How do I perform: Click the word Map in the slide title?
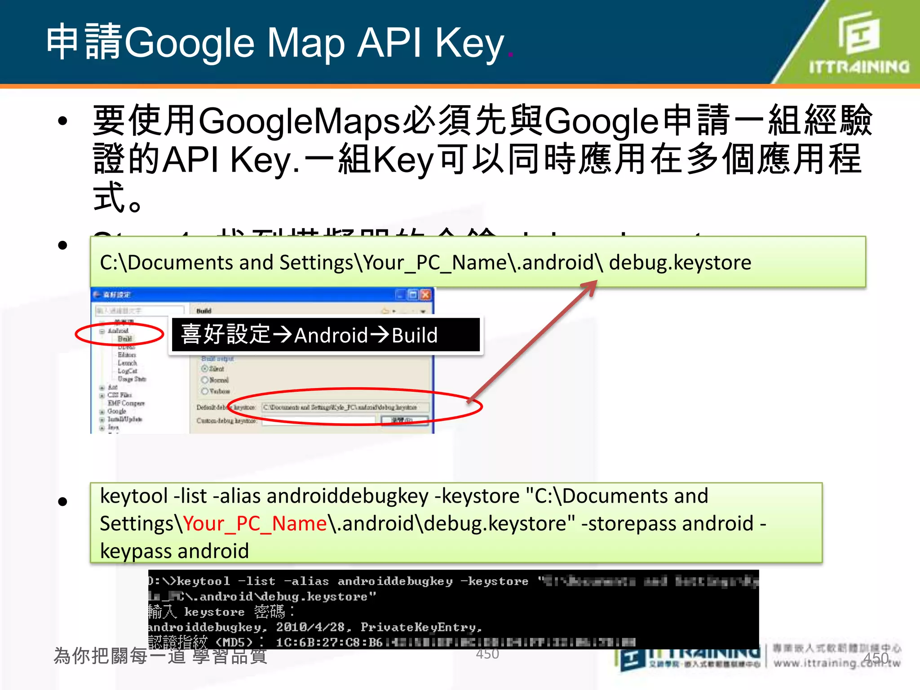[306, 43]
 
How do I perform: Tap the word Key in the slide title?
[469, 43]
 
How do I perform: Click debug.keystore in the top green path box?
[680, 262]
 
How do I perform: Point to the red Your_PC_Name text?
[255, 524]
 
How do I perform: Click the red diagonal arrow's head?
[592, 285]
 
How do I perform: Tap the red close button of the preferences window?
[425, 295]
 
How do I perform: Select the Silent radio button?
[205, 369]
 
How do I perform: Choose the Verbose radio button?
[205, 391]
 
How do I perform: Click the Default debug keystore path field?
[345, 407]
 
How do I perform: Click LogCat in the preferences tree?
[127, 371]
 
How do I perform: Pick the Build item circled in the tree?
[124, 339]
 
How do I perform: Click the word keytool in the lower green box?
[134, 496]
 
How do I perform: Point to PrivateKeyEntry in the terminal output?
[420, 627]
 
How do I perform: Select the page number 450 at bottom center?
[487, 654]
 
